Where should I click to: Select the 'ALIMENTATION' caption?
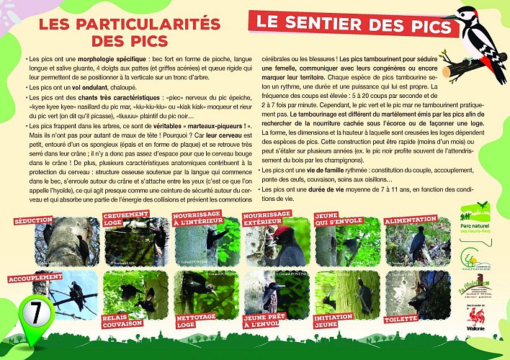pos(411,219)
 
